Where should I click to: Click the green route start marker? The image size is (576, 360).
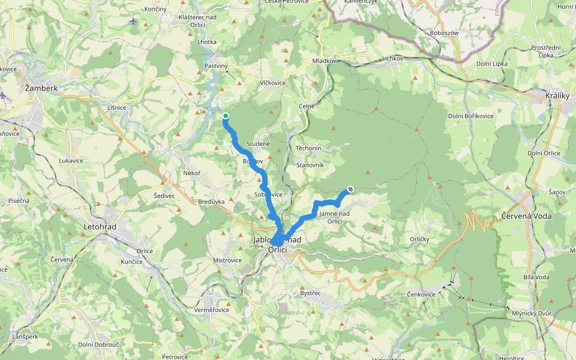coord(225,116)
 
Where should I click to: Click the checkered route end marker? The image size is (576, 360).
coord(350,190)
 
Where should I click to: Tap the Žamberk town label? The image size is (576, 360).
coord(41,88)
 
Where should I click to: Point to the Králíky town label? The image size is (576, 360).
coord(556,96)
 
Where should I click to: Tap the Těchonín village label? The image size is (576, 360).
coord(309,148)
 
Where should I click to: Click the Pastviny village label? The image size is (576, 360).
coord(216,65)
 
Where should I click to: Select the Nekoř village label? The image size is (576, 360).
coord(191,172)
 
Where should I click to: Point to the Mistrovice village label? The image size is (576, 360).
coord(227,260)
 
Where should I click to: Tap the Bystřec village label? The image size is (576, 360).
coord(310,293)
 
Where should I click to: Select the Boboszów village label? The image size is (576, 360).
coord(445,33)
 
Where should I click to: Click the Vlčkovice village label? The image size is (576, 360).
coord(272,83)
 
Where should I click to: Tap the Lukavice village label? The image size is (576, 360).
coord(70,161)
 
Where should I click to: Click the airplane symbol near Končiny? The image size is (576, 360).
coord(133,22)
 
